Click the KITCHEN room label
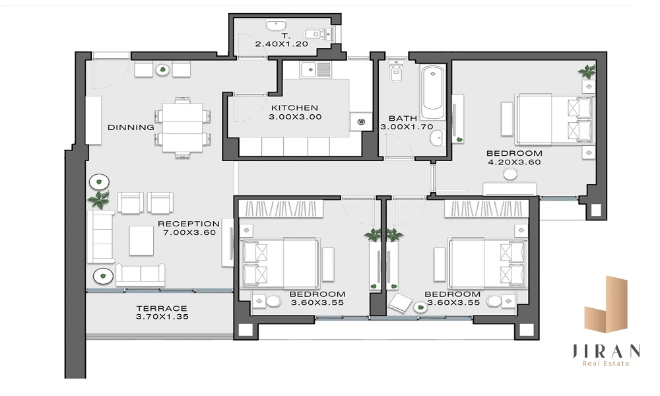(294, 108)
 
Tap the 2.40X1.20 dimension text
(282, 44)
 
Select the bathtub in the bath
(433, 92)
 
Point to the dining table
(183, 127)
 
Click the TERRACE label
(162, 308)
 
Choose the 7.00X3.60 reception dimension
(189, 233)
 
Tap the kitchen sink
(315, 69)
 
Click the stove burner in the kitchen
(361, 122)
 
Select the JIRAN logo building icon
(606, 304)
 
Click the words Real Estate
(606, 364)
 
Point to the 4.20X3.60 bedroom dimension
(514, 162)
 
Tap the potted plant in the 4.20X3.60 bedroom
(587, 71)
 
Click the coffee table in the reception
(141, 241)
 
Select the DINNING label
(131, 127)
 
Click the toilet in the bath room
(396, 70)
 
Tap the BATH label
(403, 118)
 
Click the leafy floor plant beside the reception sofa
(99, 199)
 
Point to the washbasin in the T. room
(276, 24)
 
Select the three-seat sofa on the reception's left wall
(100, 236)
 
